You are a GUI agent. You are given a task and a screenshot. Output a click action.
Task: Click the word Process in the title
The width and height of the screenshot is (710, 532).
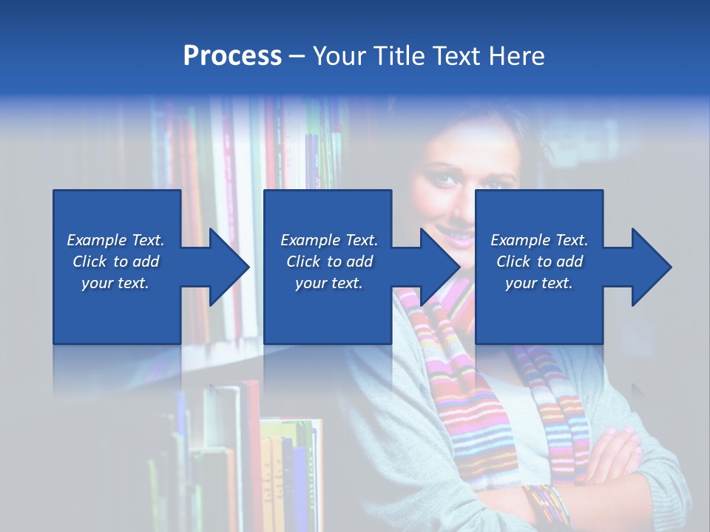coord(232,56)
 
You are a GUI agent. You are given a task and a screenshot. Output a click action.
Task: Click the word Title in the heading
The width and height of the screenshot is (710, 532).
coord(399,56)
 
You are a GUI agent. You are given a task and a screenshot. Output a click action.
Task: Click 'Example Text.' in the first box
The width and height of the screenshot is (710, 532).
coord(115,240)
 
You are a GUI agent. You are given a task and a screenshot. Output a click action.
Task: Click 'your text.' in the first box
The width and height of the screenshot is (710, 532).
coord(115,284)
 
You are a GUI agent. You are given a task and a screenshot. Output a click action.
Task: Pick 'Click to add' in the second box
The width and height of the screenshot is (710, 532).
coord(329,262)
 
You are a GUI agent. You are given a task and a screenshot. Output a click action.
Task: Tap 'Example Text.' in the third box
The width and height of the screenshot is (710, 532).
coord(539,240)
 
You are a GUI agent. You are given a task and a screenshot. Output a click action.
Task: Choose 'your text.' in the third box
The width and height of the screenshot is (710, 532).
coord(539,284)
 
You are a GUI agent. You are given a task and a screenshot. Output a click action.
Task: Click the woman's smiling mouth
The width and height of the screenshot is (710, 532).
coord(456,236)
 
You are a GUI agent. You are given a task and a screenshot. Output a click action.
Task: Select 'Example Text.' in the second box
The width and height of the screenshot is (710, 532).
coord(329,240)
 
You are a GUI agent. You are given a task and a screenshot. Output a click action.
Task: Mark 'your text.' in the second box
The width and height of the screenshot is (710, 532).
coord(329,284)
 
